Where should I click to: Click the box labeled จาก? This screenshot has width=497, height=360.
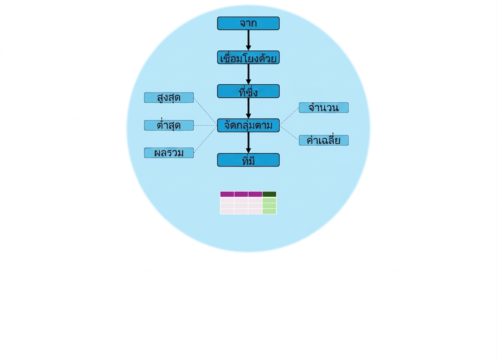[x=248, y=23]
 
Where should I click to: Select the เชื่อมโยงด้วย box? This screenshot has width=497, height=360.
[x=248, y=57]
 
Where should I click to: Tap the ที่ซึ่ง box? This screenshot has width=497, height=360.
[x=248, y=91]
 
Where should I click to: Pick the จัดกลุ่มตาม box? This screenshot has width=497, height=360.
[x=248, y=126]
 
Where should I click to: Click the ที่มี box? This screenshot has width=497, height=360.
[x=248, y=160]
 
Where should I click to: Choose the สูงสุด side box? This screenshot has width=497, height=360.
[x=169, y=97]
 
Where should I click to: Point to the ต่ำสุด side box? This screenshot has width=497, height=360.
[x=169, y=125]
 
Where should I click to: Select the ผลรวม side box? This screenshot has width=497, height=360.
[x=169, y=153]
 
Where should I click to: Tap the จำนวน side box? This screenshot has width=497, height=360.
[x=324, y=108]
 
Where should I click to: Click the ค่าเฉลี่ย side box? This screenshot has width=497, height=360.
[x=324, y=140]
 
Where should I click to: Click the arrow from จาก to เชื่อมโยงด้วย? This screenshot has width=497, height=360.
[x=248, y=40]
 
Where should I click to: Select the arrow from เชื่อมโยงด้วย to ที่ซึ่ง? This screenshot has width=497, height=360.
[x=248, y=74]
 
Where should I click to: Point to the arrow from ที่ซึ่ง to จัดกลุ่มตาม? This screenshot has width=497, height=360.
[x=248, y=108]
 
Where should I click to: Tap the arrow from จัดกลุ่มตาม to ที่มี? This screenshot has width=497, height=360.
[x=248, y=142]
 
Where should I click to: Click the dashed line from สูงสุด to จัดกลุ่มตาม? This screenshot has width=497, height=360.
[x=206, y=112]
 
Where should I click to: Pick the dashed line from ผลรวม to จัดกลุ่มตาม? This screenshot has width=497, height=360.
[x=206, y=139]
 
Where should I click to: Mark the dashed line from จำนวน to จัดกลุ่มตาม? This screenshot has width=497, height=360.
[x=289, y=116]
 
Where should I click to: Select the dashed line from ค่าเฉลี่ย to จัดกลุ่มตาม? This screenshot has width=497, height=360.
[x=289, y=133]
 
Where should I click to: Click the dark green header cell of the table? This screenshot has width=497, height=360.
[x=269, y=194]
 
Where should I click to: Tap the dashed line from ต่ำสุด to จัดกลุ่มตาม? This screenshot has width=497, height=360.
[x=206, y=126]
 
